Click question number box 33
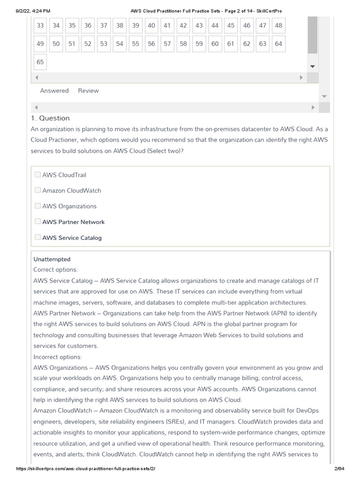click(40, 26)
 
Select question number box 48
click(278, 26)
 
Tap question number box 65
click(40, 62)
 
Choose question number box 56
click(151, 44)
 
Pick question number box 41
click(167, 26)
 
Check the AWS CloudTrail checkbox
click(37, 175)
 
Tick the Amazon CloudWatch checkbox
click(37, 190)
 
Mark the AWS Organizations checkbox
click(37, 206)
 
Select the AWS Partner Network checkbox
click(37, 222)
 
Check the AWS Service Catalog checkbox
click(37, 238)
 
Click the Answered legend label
click(54, 91)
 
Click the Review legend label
click(88, 91)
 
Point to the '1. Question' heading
click(50, 118)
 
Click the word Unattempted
click(52, 259)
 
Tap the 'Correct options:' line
click(56, 270)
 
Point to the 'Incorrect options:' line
click(58, 357)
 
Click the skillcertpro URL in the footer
click(85, 469)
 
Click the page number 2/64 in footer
click(338, 469)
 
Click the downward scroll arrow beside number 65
click(312, 67)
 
